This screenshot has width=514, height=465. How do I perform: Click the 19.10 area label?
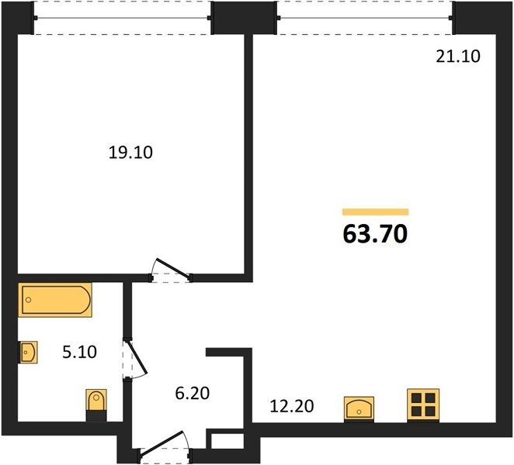130,153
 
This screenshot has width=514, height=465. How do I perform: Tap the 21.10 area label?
458,57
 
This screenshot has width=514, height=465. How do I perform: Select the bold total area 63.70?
375,234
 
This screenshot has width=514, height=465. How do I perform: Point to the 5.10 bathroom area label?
79,352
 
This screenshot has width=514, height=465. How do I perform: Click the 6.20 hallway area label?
192,393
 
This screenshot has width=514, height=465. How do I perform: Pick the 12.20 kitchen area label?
292,406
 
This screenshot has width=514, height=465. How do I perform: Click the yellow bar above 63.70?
375,212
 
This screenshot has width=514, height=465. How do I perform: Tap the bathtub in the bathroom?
55,300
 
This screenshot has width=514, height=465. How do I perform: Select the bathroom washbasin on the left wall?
29,352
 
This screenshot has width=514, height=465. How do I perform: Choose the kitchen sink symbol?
359,408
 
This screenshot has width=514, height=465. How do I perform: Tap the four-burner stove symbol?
423,405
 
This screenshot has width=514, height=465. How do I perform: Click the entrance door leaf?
160,443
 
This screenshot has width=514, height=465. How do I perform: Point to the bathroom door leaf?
137,357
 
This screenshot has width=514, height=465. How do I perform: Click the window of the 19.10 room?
122,18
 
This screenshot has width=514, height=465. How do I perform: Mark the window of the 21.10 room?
365,17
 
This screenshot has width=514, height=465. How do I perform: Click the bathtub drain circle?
29,300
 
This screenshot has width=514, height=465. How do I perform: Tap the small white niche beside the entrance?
227,441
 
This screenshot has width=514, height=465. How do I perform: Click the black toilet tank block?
96,415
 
